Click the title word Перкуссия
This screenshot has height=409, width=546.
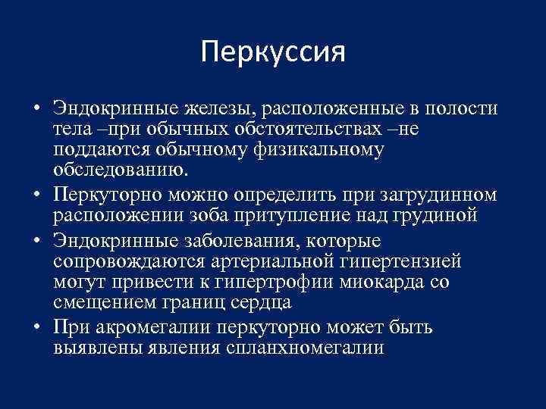[x=273, y=52]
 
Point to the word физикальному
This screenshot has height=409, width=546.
[x=318, y=151]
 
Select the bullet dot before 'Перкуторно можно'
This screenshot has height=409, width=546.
[x=36, y=195]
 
